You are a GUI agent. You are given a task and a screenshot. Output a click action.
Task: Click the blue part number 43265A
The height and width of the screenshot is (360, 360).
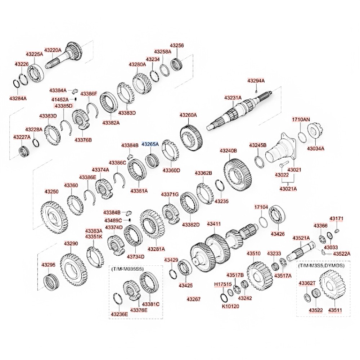coord(150,144)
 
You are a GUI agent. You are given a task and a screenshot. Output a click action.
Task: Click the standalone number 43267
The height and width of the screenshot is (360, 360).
coord(194,299)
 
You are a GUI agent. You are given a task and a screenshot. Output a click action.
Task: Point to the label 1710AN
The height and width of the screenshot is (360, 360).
coord(301,119)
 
